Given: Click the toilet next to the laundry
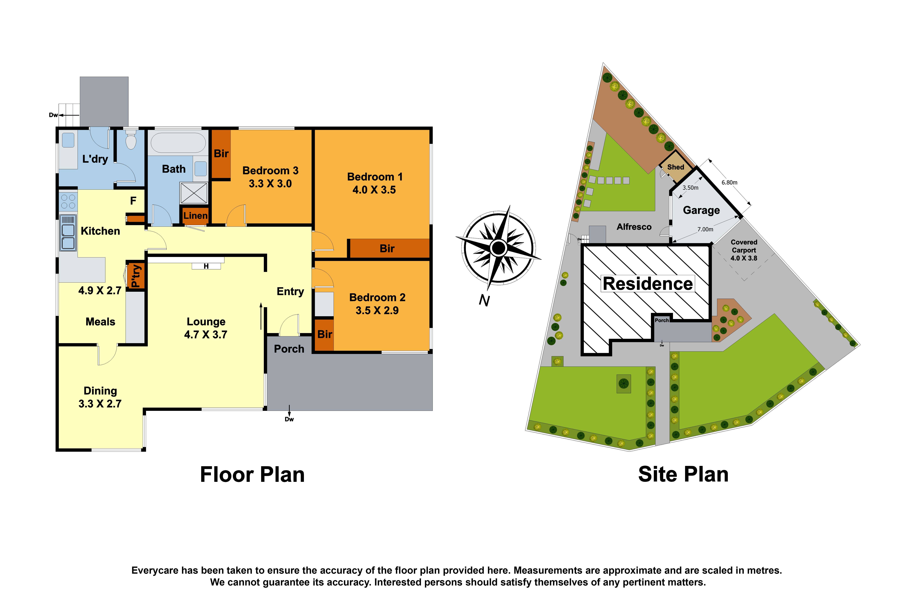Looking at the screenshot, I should point(131,141).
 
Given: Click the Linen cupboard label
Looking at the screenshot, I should point(195,216).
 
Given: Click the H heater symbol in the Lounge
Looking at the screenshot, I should point(206,266).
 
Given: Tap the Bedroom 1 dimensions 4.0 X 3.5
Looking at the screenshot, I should point(374,190).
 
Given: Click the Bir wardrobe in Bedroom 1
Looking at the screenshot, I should point(387,248).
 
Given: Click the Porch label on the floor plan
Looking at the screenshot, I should point(289,349).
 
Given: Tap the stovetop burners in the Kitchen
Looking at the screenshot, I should point(68,202).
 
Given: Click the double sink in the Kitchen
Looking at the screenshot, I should point(68,236).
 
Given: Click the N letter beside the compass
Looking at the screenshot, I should point(484,300).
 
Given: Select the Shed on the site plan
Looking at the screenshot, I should point(675,167).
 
